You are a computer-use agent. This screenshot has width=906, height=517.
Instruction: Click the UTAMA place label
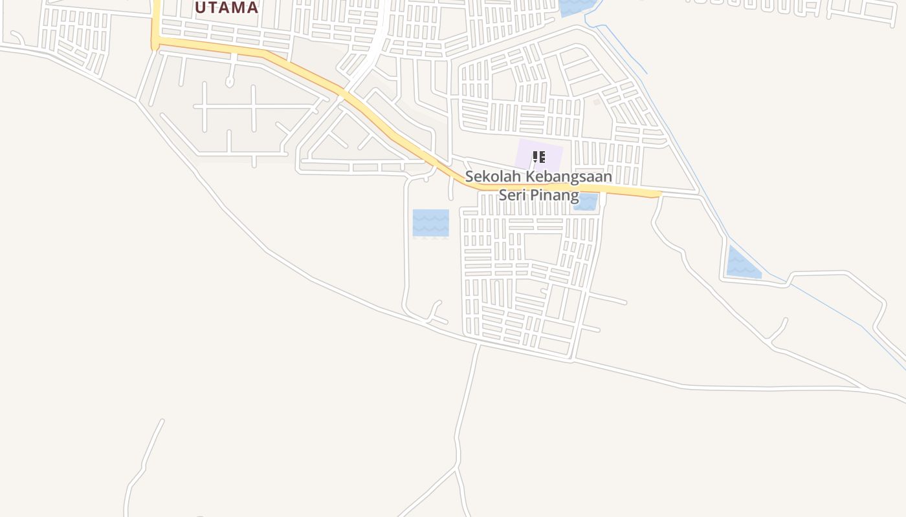[226, 8]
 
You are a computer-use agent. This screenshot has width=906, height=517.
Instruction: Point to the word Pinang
[555, 195]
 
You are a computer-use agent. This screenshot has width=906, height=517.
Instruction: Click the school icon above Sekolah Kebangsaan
[538, 156]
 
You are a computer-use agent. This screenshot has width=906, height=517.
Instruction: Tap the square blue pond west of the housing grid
[430, 223]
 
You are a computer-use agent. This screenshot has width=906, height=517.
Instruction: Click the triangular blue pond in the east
[741, 265]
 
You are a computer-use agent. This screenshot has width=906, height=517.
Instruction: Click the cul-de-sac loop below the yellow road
[229, 82]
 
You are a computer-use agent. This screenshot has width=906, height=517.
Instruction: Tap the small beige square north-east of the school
[597, 101]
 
